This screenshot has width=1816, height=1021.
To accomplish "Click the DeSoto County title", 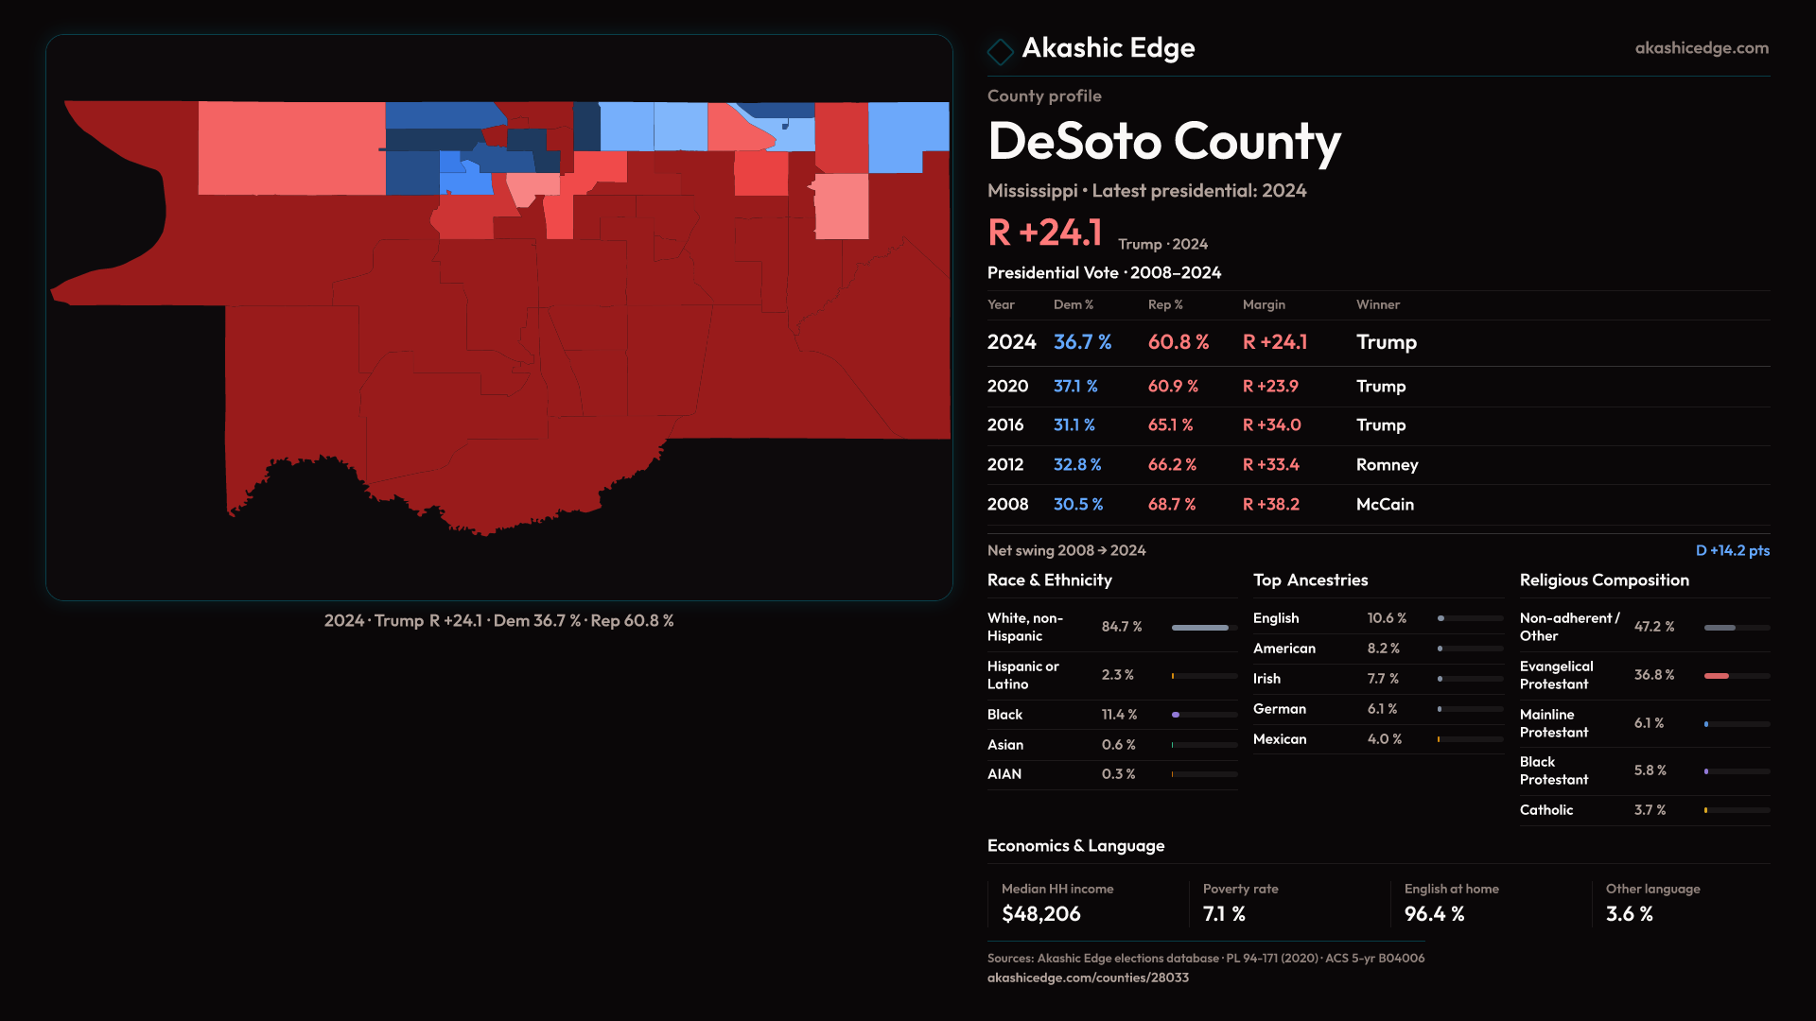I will click(1163, 142).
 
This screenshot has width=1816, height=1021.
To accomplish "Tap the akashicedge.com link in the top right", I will click(1702, 48).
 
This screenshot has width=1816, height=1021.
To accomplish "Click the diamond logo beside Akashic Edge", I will click(1000, 50).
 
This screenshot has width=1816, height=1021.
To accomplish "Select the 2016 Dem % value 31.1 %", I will click(1074, 425).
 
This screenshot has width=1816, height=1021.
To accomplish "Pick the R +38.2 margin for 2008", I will click(1270, 505).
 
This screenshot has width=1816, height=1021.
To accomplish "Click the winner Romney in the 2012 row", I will click(1387, 465).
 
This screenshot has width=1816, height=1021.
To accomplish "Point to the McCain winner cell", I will click(1385, 505).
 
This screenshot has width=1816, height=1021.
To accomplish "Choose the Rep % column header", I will click(1165, 304).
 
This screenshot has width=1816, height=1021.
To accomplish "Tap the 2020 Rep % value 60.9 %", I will click(1173, 387).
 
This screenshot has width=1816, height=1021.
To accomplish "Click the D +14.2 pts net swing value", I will click(1732, 550).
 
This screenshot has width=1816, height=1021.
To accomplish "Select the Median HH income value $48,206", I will click(1040, 914).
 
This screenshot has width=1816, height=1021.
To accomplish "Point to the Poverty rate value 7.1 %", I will click(1224, 914).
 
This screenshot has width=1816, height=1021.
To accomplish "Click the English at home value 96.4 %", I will click(1434, 914).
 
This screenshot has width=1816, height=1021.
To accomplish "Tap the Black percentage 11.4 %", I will click(1119, 715).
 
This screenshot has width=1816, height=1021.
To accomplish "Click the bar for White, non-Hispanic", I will click(1200, 628).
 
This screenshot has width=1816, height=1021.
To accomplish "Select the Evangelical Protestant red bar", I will click(1717, 676).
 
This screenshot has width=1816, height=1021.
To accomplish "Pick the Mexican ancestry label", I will click(1280, 739).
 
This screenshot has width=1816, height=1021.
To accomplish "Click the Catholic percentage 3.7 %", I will click(1650, 810).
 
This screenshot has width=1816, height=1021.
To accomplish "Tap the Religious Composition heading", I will click(1604, 580).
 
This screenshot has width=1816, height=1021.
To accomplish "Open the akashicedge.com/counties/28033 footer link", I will click(1088, 978).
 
